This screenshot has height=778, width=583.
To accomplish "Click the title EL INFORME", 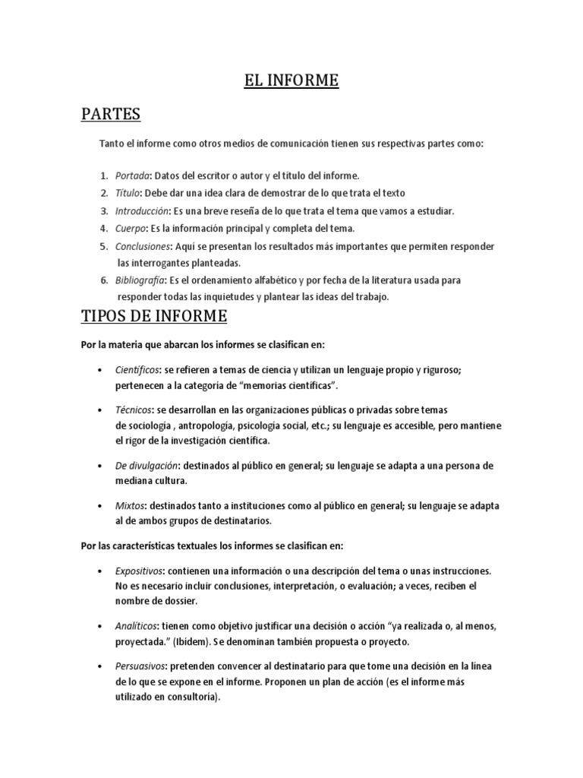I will [x=291, y=81].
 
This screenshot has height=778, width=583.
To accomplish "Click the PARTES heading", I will [x=111, y=115].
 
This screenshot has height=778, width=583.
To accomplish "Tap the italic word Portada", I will [x=133, y=176].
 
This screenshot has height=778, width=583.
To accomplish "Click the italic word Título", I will [x=129, y=193].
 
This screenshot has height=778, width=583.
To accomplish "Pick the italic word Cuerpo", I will [x=131, y=228].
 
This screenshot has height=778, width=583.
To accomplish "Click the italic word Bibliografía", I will [x=140, y=280].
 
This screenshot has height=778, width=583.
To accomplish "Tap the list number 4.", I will [x=103, y=228].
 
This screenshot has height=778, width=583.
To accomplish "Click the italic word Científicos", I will [x=137, y=369].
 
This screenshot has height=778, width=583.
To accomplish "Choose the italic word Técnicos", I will [x=132, y=410].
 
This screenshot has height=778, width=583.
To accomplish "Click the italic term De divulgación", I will [x=147, y=465].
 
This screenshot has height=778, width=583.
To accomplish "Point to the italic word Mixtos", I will [x=131, y=505].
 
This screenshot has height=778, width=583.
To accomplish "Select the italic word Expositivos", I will [x=138, y=570].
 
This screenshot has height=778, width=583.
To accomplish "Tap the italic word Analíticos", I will [x=137, y=625].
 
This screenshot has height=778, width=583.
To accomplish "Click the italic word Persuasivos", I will [x=140, y=666].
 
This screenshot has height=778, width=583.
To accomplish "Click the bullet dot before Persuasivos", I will [x=101, y=666].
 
